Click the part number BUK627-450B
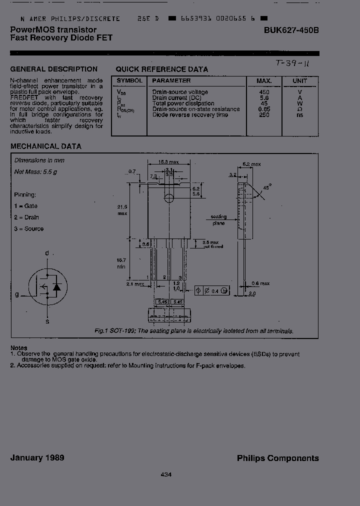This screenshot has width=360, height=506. coord(291,30)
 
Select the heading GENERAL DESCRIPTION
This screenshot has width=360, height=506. coord(54,69)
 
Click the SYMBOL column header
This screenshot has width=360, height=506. coord(129,80)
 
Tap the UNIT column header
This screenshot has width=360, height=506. coord(300,80)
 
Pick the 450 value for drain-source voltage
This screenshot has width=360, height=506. coord(264,92)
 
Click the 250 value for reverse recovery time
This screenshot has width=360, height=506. coord(264,115)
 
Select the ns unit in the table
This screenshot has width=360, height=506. coord(299,115)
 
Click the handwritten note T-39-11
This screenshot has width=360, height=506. coord(292,64)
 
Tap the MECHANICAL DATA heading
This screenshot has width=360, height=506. coord(46,146)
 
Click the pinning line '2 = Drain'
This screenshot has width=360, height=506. coord(26,217)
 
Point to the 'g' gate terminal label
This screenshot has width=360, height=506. coord(16,294)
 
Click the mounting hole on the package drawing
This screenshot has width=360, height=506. coord(169,198)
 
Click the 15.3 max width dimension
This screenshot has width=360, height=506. coord(169,162)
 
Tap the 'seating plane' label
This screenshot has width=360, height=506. coord(218,220)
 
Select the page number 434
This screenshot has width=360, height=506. coord(166,474)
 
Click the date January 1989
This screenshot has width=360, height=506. coord(37,458)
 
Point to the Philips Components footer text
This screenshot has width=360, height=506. coord(277,458)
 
